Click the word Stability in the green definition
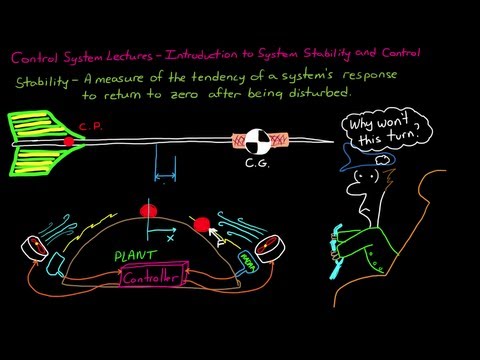pos(42,78)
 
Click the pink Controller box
pos(151,277)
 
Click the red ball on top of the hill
pos(152,210)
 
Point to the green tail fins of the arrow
pos(35,143)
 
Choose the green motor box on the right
pos(245,261)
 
